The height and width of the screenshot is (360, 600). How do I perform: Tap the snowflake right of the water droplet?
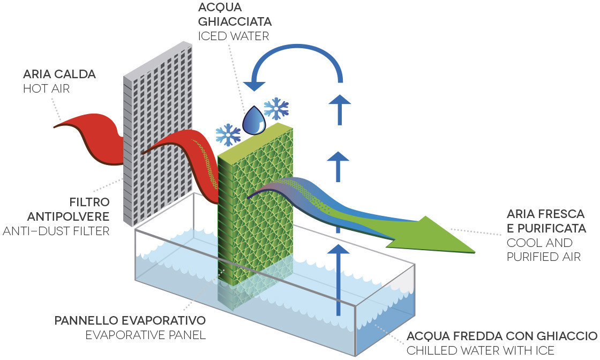pos(276,108)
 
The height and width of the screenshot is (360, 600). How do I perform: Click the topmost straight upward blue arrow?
pos(339,107)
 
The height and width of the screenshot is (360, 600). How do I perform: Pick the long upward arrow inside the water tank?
pos(339,279)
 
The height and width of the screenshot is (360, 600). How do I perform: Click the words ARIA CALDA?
pos(59,74)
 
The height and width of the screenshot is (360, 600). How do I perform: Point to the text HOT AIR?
pos(46,89)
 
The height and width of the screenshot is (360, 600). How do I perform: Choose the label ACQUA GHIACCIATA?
pos(235,16)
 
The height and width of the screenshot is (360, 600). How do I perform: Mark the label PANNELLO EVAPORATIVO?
pos(130,321)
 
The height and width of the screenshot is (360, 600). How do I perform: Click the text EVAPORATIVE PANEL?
pos(145,335)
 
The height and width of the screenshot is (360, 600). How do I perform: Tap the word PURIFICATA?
pos(546,229)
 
